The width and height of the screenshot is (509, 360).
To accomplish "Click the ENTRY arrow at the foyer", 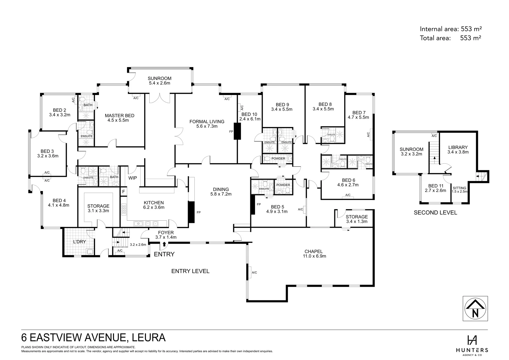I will pos(164,245).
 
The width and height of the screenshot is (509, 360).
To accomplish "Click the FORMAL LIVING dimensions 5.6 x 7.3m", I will pos(207,126).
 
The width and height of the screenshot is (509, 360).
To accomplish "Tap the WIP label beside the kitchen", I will pos(133,178).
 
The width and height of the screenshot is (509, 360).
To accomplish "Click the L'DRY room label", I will pos(79,241).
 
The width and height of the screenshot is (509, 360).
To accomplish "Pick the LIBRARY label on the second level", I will pos(458,147).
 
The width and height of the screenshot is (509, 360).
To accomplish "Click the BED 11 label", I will pos(436,186).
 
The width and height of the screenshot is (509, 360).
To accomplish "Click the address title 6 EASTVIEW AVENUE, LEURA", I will pos(93,337).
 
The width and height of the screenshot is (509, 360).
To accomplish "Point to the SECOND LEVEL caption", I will pos(435,213).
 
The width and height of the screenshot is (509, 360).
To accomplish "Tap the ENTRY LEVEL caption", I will pos(190,271).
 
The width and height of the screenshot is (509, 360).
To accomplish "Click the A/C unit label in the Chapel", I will pos(254,273).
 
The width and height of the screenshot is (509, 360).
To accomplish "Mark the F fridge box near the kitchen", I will pos(124,192).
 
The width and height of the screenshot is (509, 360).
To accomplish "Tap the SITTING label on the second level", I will pos(459,188).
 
